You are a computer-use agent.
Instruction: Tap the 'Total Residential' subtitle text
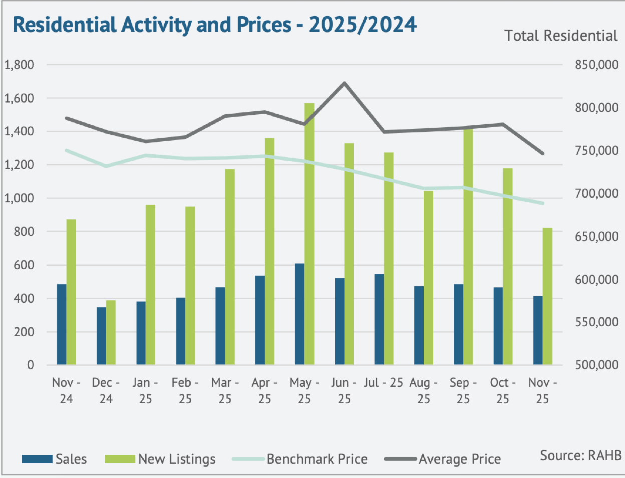pos(561,36)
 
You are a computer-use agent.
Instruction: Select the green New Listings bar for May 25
pos(309,233)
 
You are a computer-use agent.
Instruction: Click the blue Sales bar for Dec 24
pos(101,336)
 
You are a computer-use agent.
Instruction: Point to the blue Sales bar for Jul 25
pos(379,319)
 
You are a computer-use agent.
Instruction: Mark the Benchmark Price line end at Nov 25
pos(543,203)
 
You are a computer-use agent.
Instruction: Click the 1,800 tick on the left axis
pos(19,65)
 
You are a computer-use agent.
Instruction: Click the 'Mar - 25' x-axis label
pos(225,391)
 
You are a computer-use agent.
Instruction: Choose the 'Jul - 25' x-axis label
pos(383,383)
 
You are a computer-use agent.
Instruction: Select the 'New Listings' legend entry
pos(160,459)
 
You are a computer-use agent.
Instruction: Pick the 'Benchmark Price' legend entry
pos(300,459)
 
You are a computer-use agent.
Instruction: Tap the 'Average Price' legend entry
pos(443,459)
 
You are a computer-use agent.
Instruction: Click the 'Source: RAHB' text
pos(580,455)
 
